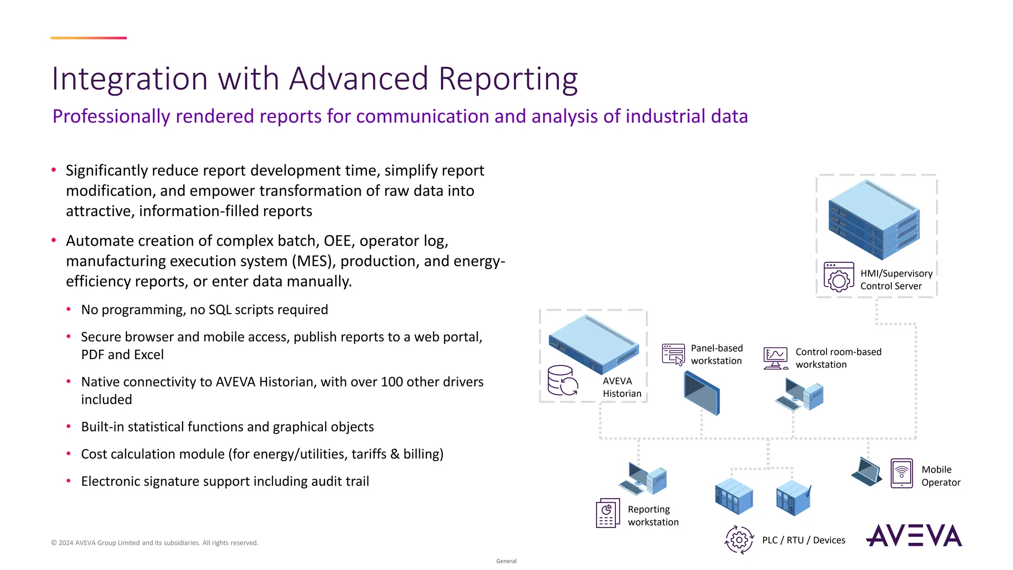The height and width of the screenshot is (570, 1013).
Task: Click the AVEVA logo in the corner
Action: pos(914,535)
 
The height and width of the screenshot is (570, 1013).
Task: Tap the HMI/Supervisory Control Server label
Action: pos(896,280)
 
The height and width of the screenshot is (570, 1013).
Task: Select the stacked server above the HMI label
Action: pos(874,220)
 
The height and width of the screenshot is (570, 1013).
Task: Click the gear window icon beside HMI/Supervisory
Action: pos(838,277)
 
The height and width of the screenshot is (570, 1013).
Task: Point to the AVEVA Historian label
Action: pos(621,387)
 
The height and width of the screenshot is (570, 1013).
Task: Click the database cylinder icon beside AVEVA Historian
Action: pos(562,380)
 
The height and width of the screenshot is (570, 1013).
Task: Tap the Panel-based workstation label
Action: pos(716,354)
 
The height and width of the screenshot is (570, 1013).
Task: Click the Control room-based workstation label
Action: pos(838,358)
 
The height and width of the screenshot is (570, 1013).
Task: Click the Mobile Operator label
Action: pos(940,476)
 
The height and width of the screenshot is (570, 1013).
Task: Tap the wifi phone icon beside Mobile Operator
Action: pos(901,474)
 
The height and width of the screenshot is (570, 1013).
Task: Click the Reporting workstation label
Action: pos(652,516)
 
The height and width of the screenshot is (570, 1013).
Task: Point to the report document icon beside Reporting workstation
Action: pos(608,513)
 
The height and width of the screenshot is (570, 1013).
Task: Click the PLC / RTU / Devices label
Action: pos(803,540)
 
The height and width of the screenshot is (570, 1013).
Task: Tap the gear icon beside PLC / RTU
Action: pos(739,540)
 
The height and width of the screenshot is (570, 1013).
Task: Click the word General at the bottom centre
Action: pos(506,561)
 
